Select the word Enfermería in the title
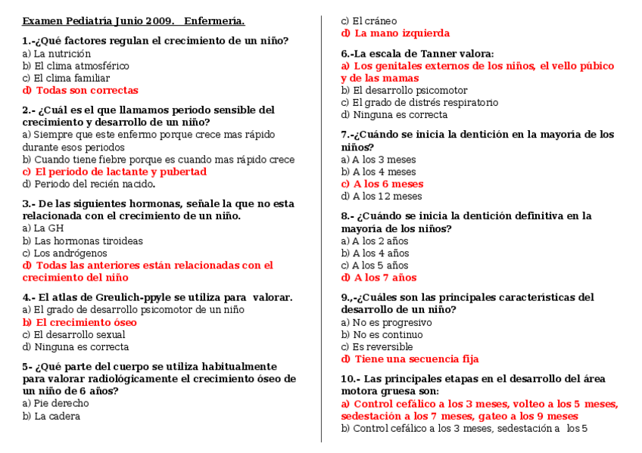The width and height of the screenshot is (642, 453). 214,21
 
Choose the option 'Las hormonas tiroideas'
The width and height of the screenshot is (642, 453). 83,241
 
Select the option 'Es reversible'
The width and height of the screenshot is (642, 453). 376,346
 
